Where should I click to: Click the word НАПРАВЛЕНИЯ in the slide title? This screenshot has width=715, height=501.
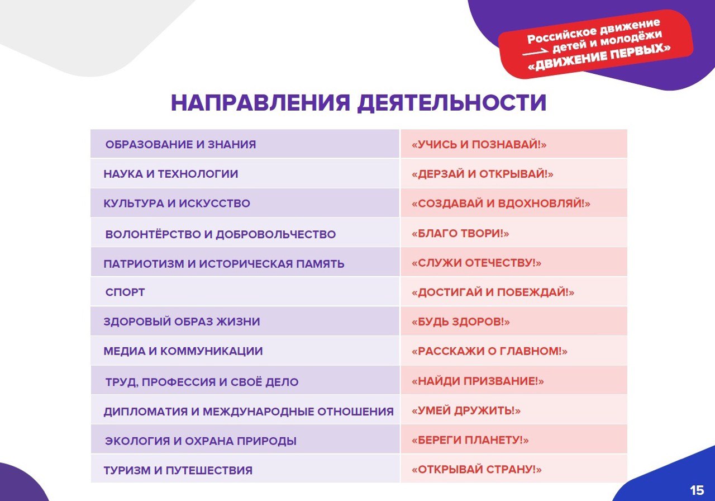coord(260,103)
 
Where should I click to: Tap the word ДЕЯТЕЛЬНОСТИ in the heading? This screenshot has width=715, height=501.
coord(452,103)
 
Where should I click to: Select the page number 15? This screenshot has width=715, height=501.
coord(697,490)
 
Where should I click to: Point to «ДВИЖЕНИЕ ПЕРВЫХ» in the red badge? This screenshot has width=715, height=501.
coord(599,58)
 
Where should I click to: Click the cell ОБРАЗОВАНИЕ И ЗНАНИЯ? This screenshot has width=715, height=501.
coord(180,144)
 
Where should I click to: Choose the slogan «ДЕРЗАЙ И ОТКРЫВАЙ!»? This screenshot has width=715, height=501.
coord(482,174)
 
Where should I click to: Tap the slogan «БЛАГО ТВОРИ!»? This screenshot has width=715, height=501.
coord(460,233)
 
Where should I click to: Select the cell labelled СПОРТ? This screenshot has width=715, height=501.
coord(125,292)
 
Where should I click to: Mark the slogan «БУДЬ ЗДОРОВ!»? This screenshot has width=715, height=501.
coord(461,322)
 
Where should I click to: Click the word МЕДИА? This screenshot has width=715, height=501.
coord(124,351)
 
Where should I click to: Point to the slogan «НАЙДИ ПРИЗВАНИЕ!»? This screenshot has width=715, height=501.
coord(478,381)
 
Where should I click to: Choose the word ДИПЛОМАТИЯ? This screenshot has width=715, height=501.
coord(146,412)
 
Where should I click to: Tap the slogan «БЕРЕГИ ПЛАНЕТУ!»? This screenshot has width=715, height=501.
coord(470,440)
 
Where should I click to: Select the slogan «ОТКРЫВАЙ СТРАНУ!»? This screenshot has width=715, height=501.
coord(476,469)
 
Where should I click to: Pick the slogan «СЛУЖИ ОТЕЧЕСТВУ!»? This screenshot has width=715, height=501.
coord(476,263)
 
